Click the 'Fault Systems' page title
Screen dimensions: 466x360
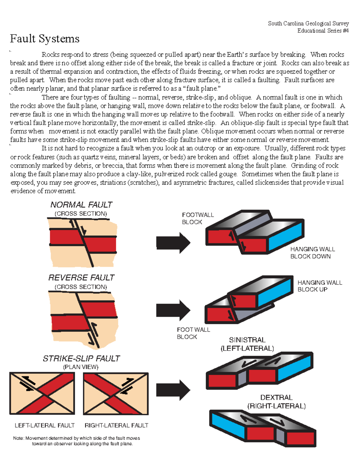45,39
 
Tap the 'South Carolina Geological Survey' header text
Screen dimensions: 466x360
308,23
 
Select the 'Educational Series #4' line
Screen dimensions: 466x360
323,31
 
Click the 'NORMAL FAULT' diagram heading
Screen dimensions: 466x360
81,205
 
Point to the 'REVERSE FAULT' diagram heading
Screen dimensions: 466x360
81,278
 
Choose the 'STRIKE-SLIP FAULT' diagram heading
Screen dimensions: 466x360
81,359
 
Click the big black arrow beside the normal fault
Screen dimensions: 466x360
173,243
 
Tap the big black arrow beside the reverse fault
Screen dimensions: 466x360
173,310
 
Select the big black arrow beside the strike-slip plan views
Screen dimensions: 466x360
173,390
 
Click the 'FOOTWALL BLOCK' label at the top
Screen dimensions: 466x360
198,218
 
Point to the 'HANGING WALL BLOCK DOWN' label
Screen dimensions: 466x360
312,253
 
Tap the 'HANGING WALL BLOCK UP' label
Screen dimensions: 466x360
319,286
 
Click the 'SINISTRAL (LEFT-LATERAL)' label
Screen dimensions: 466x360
247,344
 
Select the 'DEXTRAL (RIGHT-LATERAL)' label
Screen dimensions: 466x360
276,402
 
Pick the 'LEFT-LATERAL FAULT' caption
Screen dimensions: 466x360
44,425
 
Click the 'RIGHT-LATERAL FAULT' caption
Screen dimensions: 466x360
116,425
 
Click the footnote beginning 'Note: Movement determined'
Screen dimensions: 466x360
77,441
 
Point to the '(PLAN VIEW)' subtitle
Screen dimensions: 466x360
81,367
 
